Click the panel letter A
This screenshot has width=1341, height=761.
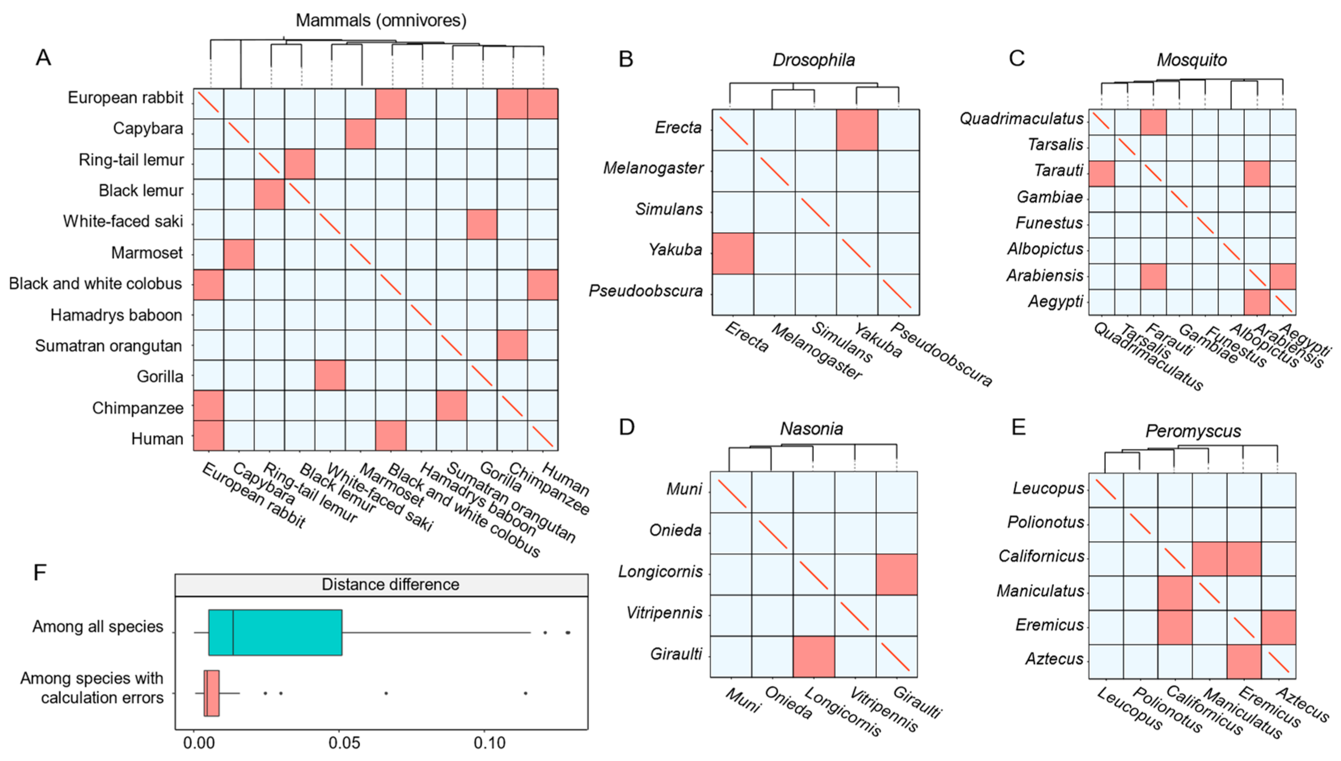(x=43, y=57)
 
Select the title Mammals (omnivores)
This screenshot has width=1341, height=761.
(x=381, y=20)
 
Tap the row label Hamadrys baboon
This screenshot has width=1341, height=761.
(x=116, y=315)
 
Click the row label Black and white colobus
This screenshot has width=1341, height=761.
(x=95, y=284)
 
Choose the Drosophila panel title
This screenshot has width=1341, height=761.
(x=813, y=60)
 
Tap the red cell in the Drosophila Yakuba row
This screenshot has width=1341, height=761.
(x=733, y=254)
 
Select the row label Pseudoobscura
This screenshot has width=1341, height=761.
(x=646, y=291)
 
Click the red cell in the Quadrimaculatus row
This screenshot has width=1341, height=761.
(x=1153, y=122)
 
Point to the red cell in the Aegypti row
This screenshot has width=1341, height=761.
(x=1257, y=302)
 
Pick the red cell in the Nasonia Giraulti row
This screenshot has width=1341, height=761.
(x=813, y=656)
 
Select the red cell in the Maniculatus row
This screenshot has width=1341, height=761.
(x=1174, y=593)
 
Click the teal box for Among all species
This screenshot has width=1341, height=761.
(x=275, y=632)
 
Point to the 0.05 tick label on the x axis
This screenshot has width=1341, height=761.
(x=344, y=743)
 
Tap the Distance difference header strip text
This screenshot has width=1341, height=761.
(x=390, y=584)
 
